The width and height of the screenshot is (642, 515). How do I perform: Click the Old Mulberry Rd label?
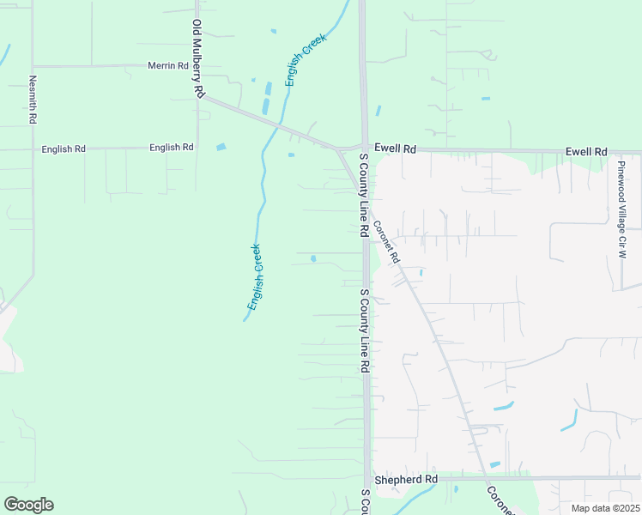[197, 58]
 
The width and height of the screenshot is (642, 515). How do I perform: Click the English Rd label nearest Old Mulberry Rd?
[171, 148]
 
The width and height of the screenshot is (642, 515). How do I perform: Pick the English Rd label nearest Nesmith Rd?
[64, 149]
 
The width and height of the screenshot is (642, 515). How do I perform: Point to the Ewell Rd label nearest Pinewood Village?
[586, 151]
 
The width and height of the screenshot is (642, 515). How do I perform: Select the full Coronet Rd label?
[386, 243]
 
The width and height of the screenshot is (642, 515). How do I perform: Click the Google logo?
[28, 505]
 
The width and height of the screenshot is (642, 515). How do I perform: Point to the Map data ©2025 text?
[606, 508]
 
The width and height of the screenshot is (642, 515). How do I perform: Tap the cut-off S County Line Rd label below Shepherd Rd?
[365, 503]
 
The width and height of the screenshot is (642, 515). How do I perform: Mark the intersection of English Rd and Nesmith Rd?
[33, 149]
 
